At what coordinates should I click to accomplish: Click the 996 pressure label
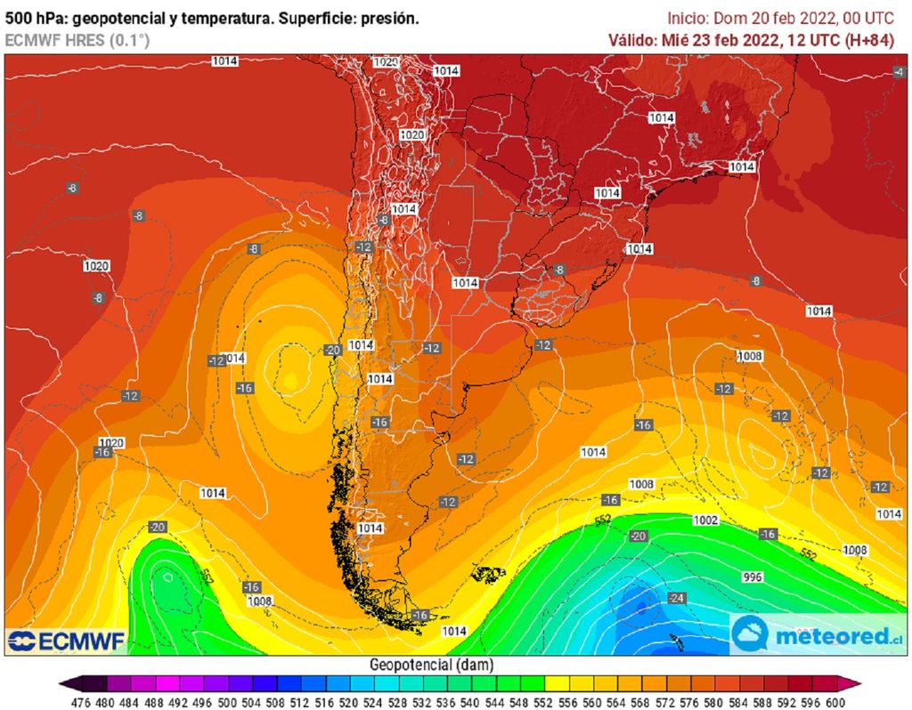[753, 577]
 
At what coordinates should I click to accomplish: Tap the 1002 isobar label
[706, 520]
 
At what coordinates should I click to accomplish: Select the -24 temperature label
[678, 598]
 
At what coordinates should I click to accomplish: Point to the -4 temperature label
[899, 71]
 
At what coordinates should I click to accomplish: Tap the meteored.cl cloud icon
[750, 634]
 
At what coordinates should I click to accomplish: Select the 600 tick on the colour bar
[834, 700]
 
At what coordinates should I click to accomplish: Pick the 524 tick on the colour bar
[376, 700]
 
